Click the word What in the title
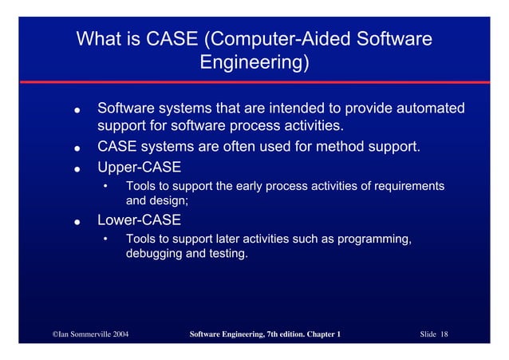pos(100,39)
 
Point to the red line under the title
pos(254,83)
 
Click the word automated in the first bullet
pos(427,108)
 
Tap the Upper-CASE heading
pos(139,167)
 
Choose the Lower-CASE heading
pos(139,220)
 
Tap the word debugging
pos(154,254)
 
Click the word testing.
pos(228,254)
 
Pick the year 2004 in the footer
pos(117,333)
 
